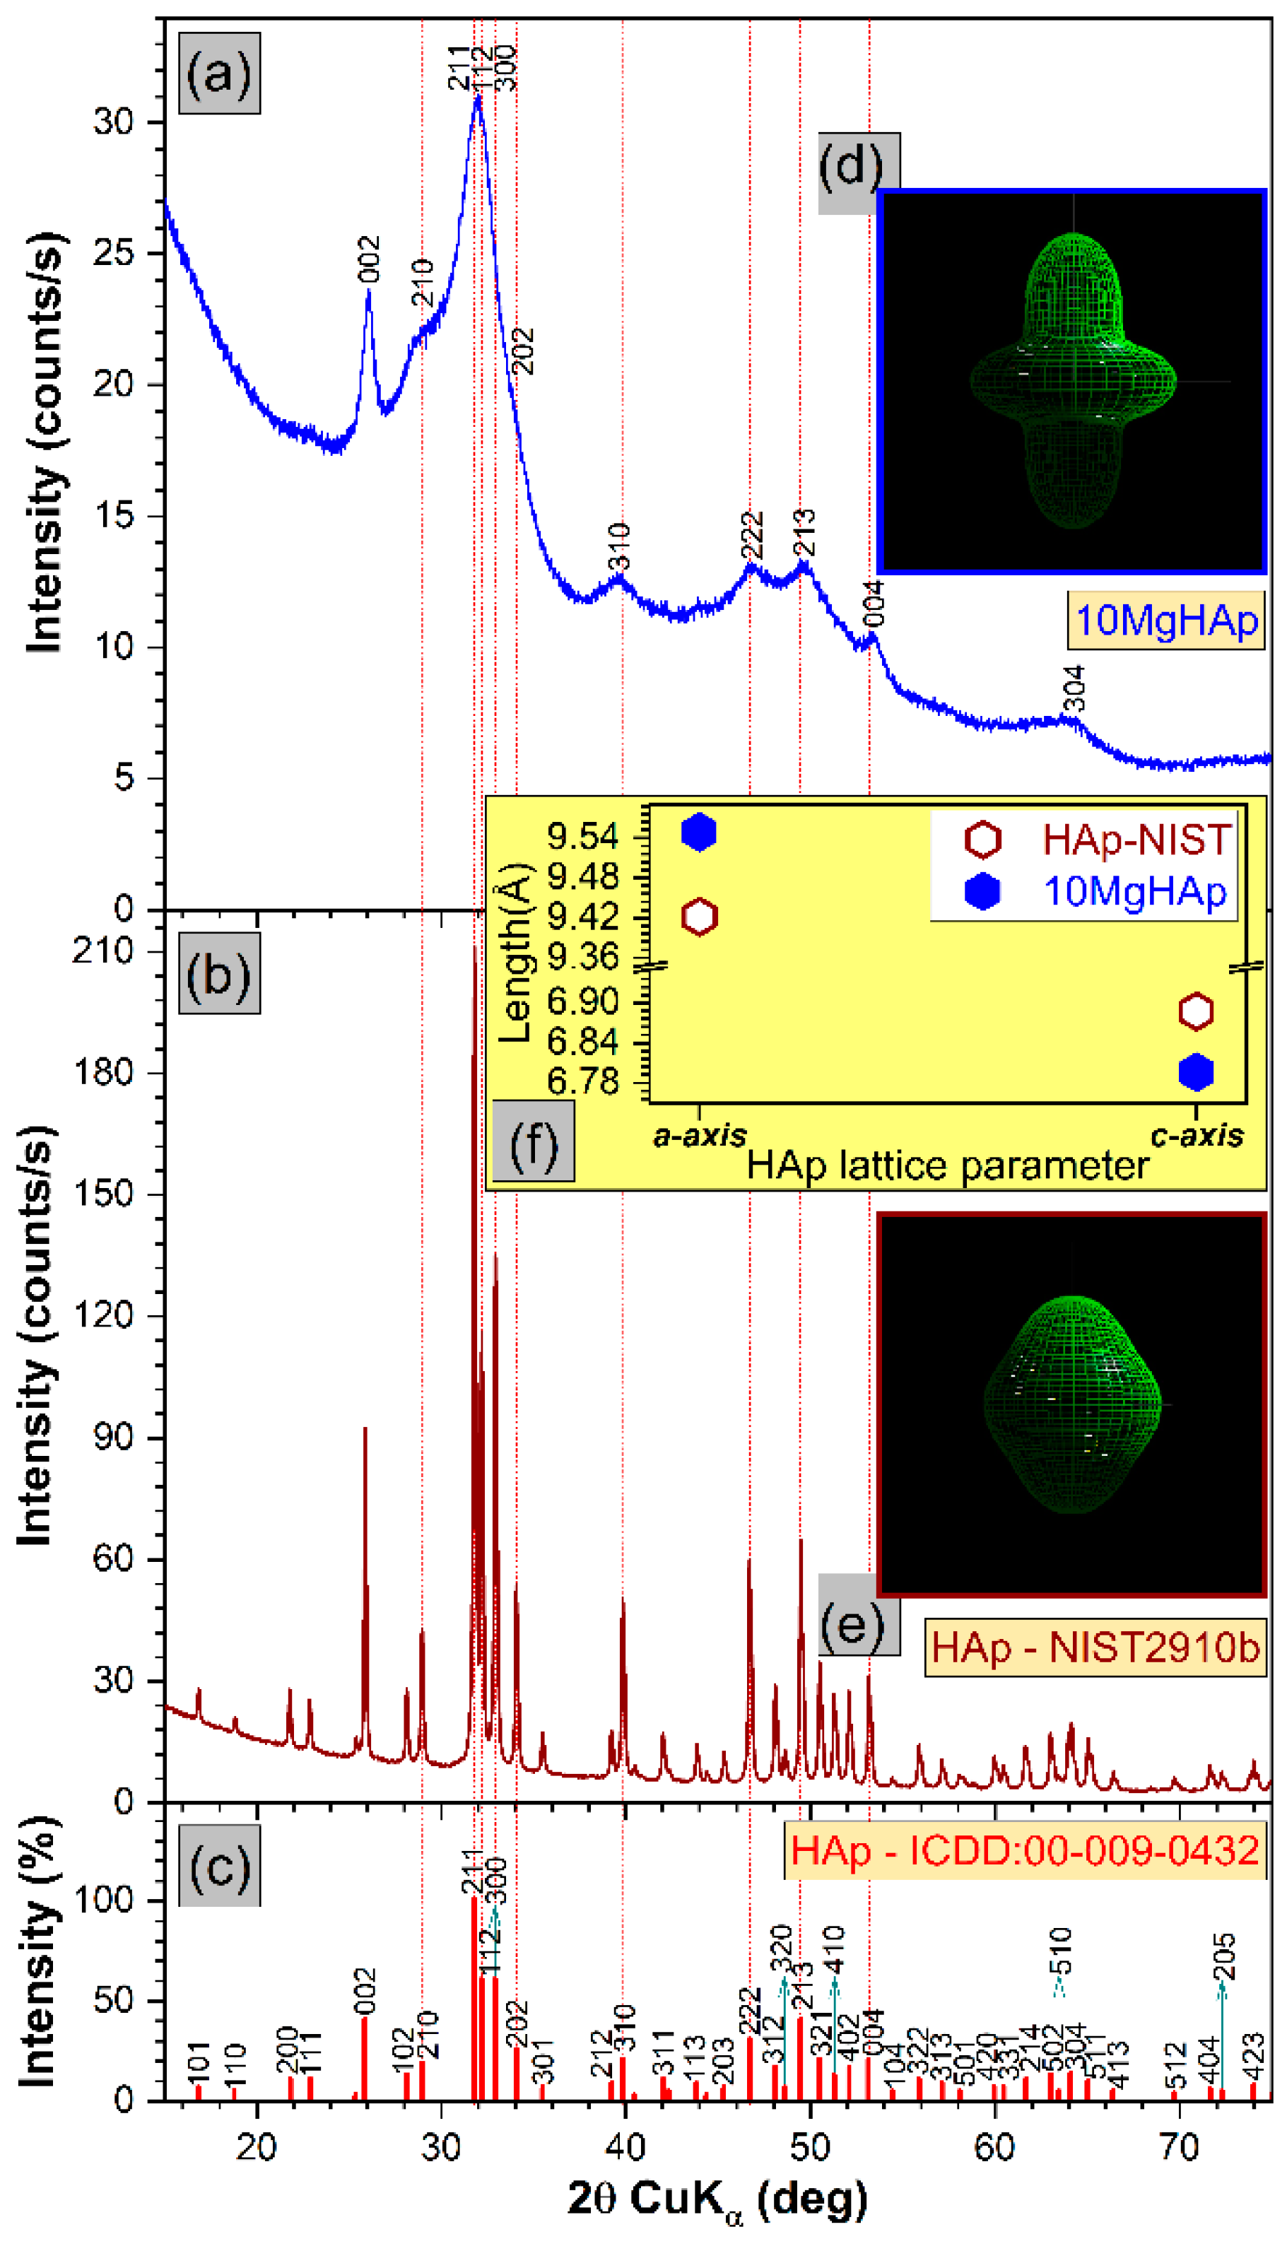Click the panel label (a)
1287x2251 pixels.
[219, 74]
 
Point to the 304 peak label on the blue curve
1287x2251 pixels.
[1073, 688]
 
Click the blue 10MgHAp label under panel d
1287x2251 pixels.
[1165, 621]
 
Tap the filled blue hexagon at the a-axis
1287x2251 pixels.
[699, 833]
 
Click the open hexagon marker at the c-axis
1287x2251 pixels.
[1196, 1011]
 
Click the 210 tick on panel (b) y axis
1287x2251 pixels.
[102, 951]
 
